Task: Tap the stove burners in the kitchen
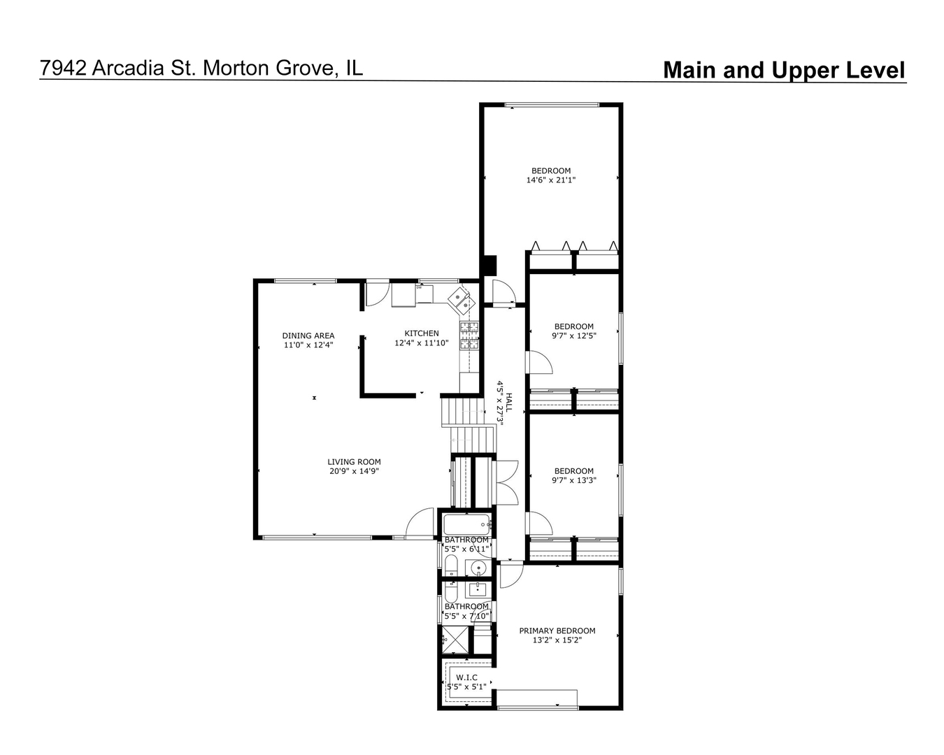[469, 335]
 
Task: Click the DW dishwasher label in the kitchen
[419, 287]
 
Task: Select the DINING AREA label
[308, 336]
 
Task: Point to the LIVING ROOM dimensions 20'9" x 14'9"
[354, 471]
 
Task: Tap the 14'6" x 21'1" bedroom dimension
[551, 180]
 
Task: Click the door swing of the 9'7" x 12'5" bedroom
[539, 363]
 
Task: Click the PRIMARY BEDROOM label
[557, 631]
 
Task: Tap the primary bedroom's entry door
[510, 575]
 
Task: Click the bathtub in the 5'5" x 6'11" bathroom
[466, 524]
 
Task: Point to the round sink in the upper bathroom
[478, 567]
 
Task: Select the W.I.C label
[466, 677]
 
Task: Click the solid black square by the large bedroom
[488, 266]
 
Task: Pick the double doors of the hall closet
[506, 483]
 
